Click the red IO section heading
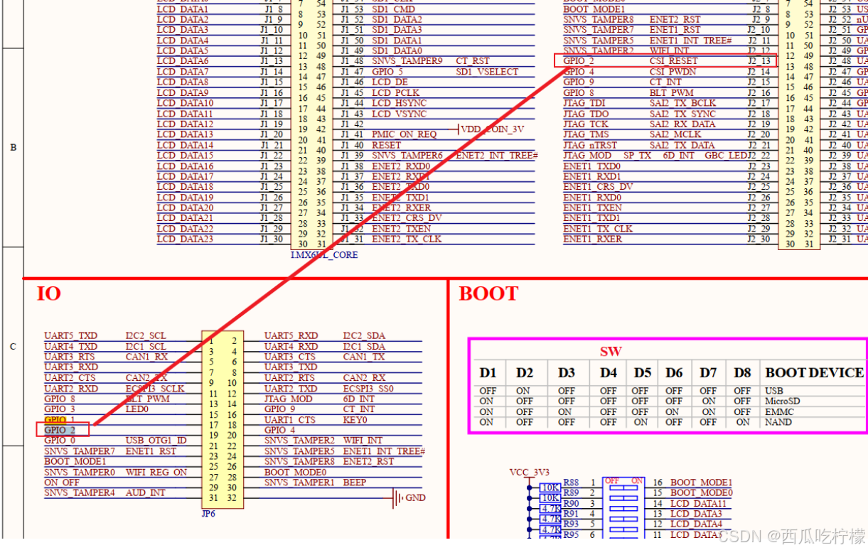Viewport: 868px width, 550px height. (x=48, y=293)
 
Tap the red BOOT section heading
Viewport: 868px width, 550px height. (x=488, y=294)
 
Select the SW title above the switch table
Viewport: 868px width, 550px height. (x=610, y=351)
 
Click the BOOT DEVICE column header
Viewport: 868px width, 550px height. (x=814, y=372)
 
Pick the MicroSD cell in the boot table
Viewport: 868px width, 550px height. (x=782, y=401)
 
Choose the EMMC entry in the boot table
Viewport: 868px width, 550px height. (x=778, y=411)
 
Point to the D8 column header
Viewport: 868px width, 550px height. (x=742, y=372)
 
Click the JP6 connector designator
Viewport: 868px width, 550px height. (x=208, y=514)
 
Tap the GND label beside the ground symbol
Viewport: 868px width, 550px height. (x=416, y=497)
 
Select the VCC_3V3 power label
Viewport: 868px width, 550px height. (x=530, y=472)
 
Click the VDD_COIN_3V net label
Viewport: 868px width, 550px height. (x=493, y=129)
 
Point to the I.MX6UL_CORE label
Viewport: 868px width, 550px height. (x=324, y=254)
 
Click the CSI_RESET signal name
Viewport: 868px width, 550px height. (x=674, y=61)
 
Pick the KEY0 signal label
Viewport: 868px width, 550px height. (x=355, y=420)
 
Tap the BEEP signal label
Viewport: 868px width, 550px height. (x=355, y=482)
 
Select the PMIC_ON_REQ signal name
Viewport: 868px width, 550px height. (x=404, y=134)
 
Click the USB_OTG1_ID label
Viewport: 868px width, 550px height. (x=156, y=441)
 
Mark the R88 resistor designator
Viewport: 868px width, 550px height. (x=571, y=482)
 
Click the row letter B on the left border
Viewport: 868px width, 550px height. (x=13, y=148)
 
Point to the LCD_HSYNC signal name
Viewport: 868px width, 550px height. (x=400, y=103)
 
